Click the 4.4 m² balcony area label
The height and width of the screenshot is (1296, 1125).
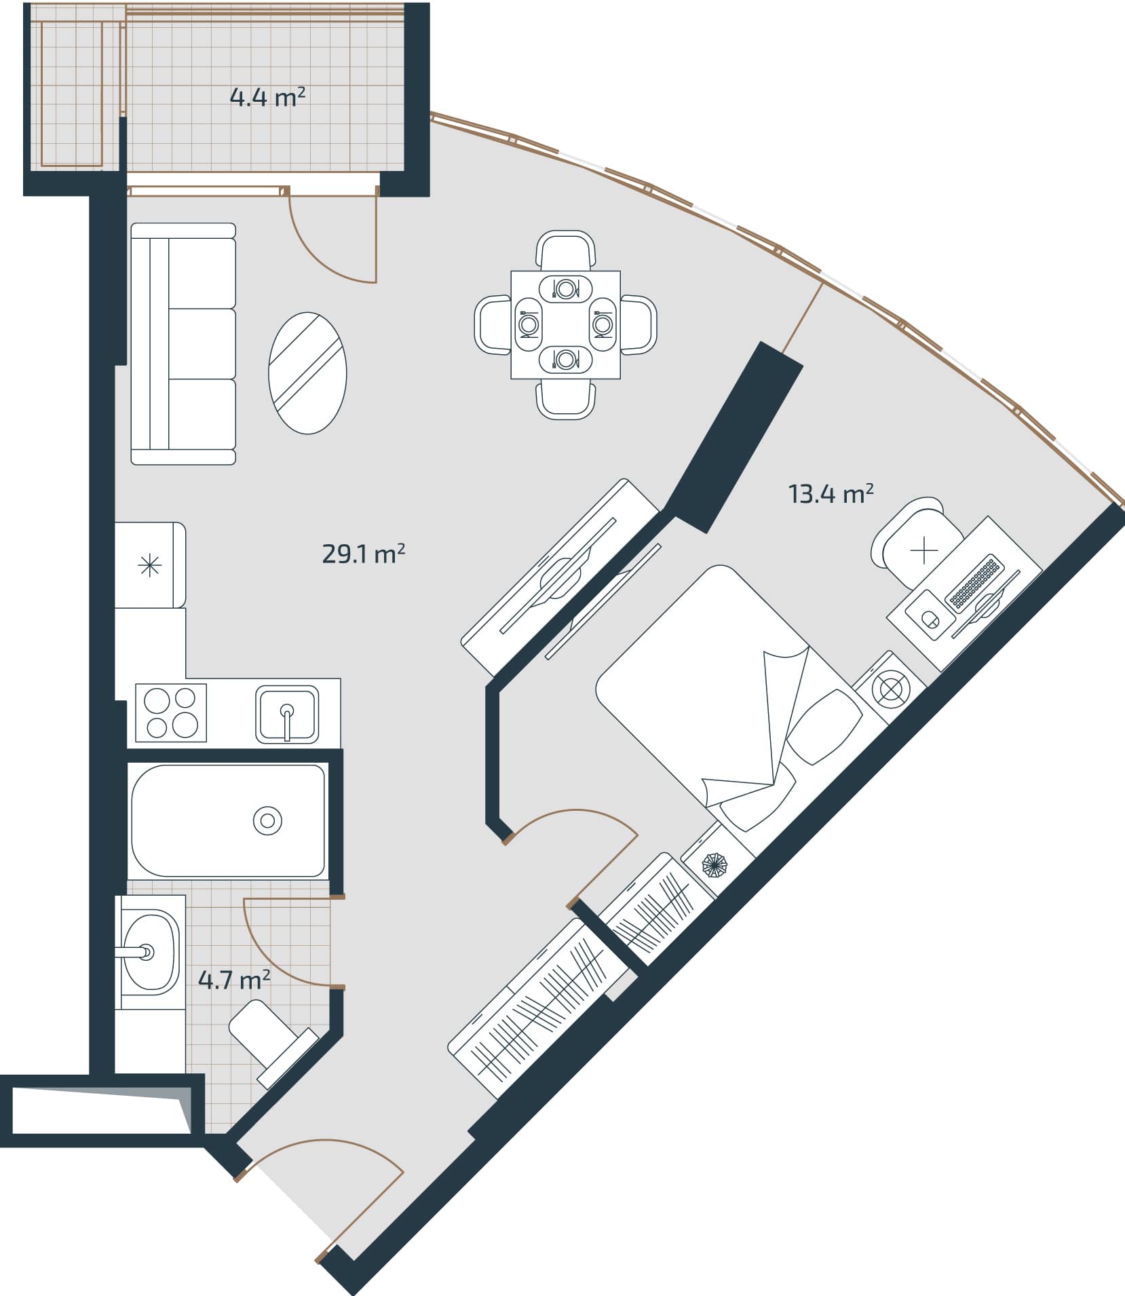(267, 98)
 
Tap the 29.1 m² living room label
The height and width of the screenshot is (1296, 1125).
(363, 554)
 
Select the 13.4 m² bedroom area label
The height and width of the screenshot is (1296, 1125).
(830, 494)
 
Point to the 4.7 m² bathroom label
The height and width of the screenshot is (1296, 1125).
(234, 980)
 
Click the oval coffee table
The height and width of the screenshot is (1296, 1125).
(307, 373)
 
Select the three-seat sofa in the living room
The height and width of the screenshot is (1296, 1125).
(183, 343)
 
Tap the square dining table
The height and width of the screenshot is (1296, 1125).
(565, 324)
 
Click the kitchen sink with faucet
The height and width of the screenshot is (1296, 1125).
(287, 714)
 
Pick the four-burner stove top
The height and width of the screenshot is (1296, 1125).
(171, 713)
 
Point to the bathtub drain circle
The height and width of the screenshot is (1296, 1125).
(267, 821)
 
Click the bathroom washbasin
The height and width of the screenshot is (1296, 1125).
(151, 953)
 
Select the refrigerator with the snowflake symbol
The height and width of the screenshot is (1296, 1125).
(150, 565)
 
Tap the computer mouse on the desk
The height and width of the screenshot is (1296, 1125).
(930, 618)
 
